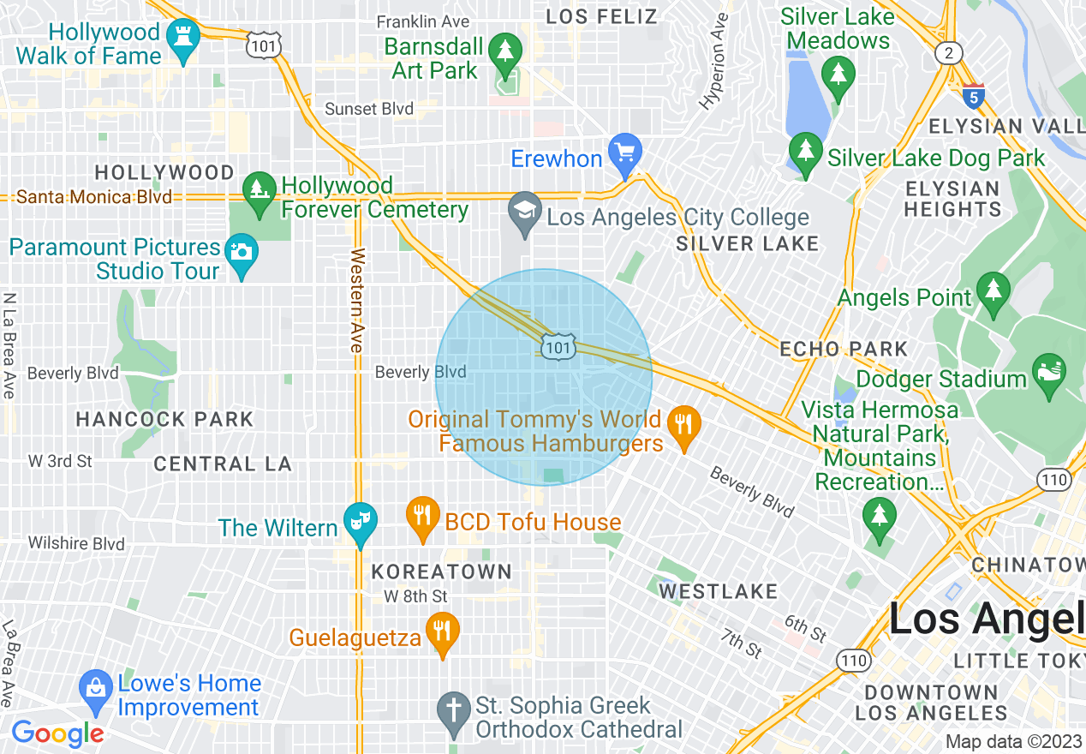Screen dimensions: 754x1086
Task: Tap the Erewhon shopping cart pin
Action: (x=625, y=152)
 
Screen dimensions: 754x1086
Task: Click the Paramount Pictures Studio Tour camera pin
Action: (x=242, y=253)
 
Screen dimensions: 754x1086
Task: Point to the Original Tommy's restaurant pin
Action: (x=683, y=424)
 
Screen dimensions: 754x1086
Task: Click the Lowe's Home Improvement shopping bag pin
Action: (x=96, y=688)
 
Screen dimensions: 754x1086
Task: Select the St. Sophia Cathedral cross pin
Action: (x=453, y=710)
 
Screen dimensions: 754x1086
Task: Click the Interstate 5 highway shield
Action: (x=973, y=96)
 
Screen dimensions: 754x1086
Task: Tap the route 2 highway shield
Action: (x=948, y=53)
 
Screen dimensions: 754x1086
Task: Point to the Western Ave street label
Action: (x=357, y=300)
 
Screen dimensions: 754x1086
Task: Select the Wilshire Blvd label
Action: (x=76, y=543)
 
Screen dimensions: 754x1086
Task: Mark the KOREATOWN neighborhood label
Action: (x=441, y=571)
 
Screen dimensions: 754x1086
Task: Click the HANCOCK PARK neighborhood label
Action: (x=164, y=419)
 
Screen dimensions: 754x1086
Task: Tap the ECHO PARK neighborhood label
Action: (x=844, y=349)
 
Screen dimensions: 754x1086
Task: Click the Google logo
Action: (x=57, y=733)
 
